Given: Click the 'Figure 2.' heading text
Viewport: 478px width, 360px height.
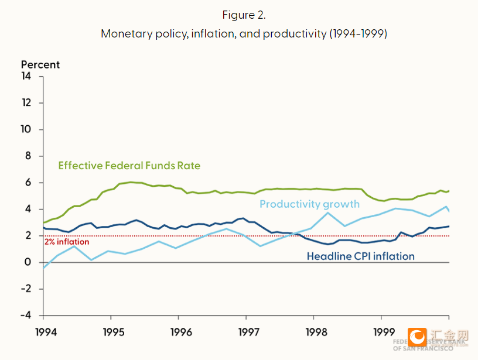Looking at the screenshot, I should [x=244, y=15].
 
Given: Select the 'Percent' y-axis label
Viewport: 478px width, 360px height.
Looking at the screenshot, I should [x=40, y=65].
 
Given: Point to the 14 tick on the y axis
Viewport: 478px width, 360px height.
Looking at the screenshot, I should [x=26, y=76].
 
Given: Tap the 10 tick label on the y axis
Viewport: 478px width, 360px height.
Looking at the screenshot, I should [x=26, y=129].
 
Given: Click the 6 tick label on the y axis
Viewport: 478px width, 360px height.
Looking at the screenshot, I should [x=28, y=183].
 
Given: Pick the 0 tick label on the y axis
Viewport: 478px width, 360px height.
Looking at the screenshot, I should [x=28, y=262].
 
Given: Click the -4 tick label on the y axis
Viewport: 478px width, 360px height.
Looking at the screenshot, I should [x=26, y=316].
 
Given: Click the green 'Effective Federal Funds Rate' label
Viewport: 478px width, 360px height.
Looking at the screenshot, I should [x=129, y=166].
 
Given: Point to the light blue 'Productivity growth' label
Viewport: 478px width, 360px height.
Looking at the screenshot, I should [x=309, y=204].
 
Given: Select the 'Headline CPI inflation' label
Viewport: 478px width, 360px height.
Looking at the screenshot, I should [x=360, y=256].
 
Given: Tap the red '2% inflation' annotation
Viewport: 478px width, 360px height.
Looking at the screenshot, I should [x=67, y=242].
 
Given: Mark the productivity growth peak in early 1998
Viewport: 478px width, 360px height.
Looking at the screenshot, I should [x=328, y=212].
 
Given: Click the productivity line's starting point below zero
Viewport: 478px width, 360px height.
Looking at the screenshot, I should [x=43, y=268].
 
